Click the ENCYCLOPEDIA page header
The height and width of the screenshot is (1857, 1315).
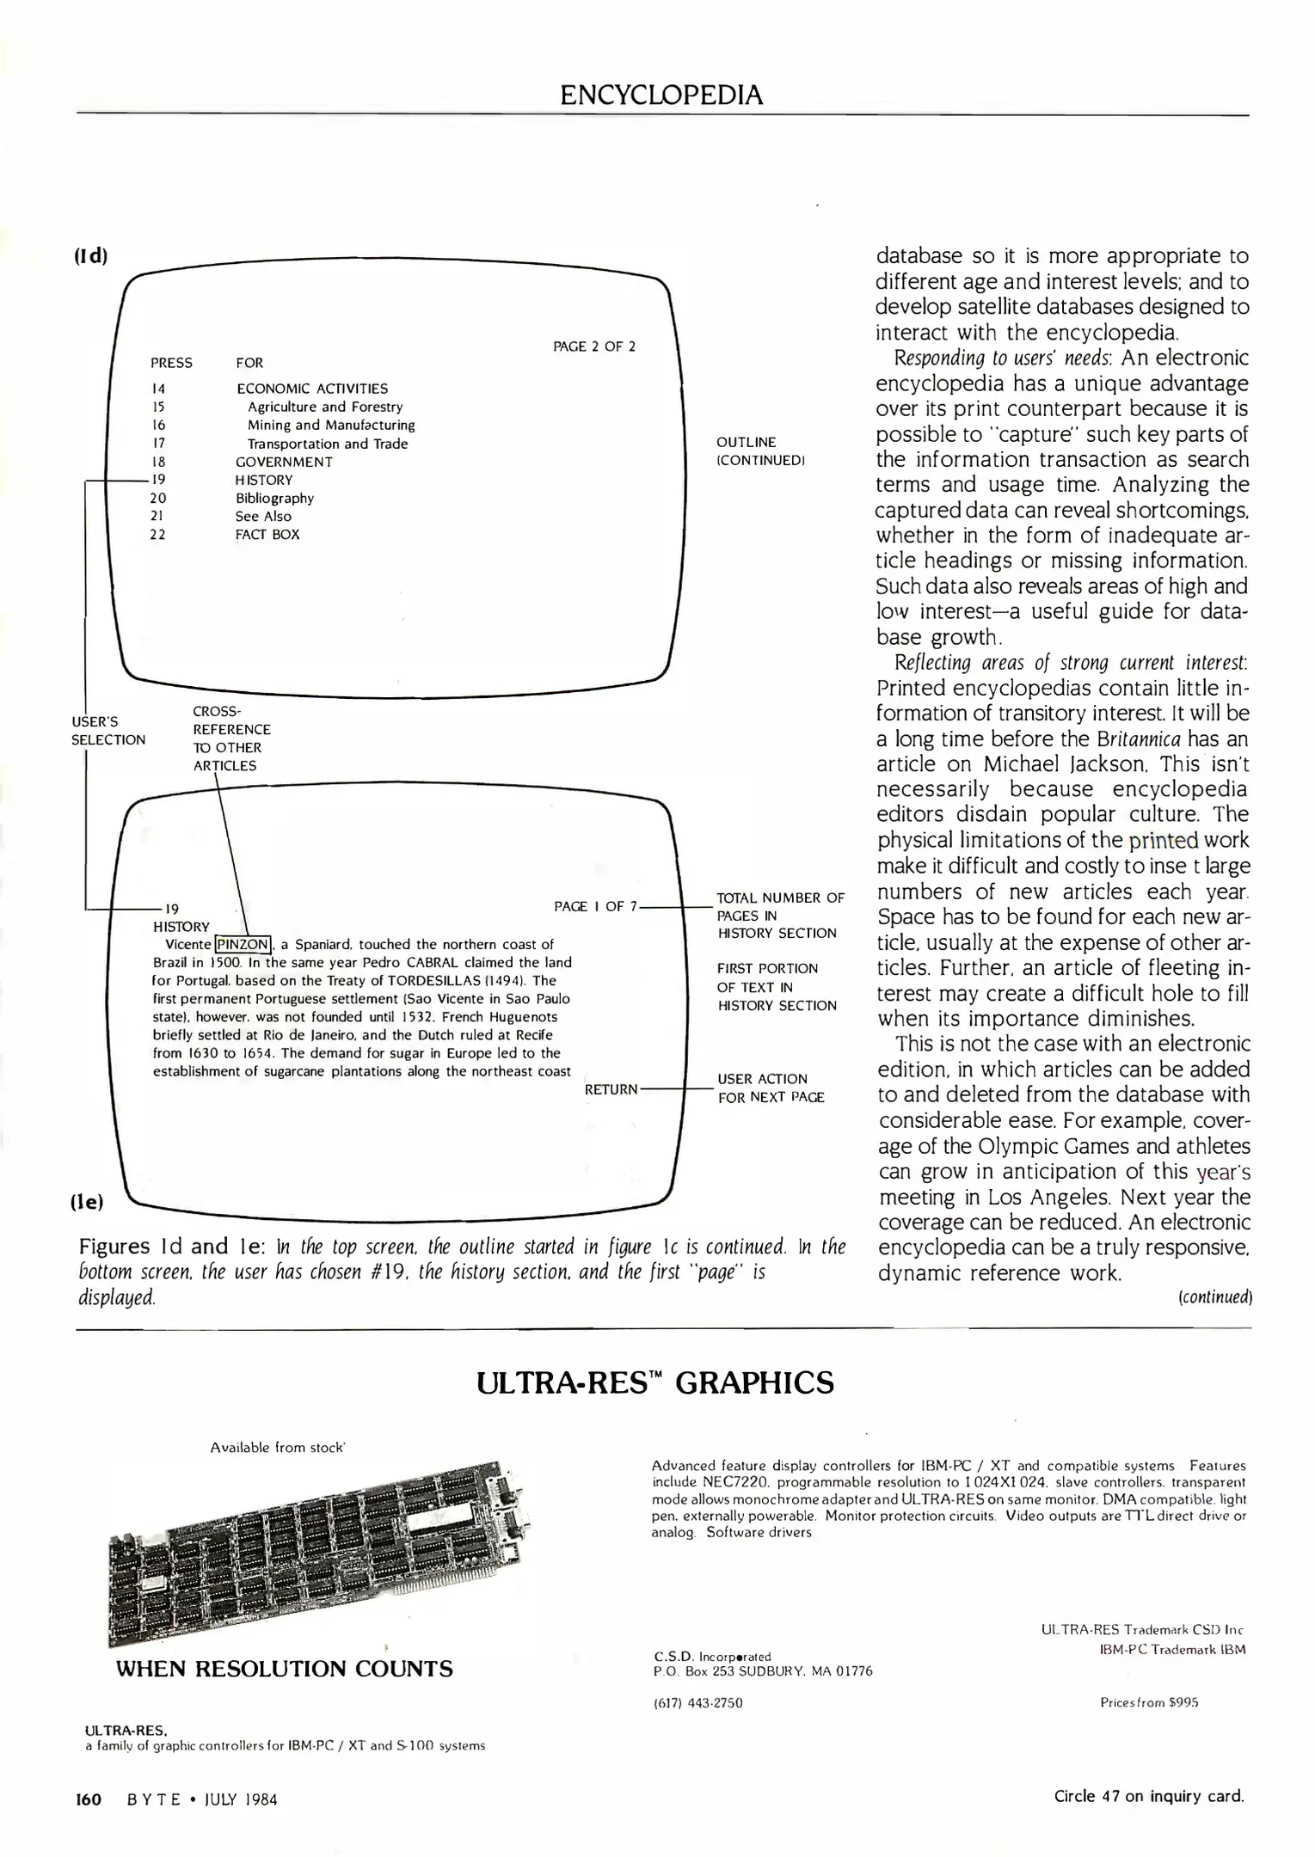tap(661, 94)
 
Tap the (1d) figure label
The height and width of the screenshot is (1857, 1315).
tap(90, 256)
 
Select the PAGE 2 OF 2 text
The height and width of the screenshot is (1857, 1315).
tap(593, 346)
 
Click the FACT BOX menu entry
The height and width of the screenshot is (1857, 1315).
tap(267, 534)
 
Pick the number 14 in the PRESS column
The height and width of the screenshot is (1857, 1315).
tap(157, 389)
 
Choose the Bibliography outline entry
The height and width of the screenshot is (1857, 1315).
tap(274, 498)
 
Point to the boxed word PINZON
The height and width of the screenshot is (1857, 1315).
tap(243, 944)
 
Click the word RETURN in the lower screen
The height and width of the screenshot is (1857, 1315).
tap(611, 1089)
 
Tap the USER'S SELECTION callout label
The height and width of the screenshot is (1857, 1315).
tap(108, 731)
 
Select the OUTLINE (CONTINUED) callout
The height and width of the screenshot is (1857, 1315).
tap(760, 451)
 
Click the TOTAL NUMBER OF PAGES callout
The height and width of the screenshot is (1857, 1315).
tap(780, 915)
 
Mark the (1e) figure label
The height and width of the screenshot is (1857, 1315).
tap(87, 1202)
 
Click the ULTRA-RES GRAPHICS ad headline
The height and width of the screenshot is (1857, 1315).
tap(654, 1383)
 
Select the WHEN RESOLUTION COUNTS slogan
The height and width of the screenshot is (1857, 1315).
tap(284, 1669)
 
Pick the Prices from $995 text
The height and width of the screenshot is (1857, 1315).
tap(1148, 1702)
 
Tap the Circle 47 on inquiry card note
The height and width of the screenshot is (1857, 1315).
tap(1148, 1796)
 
